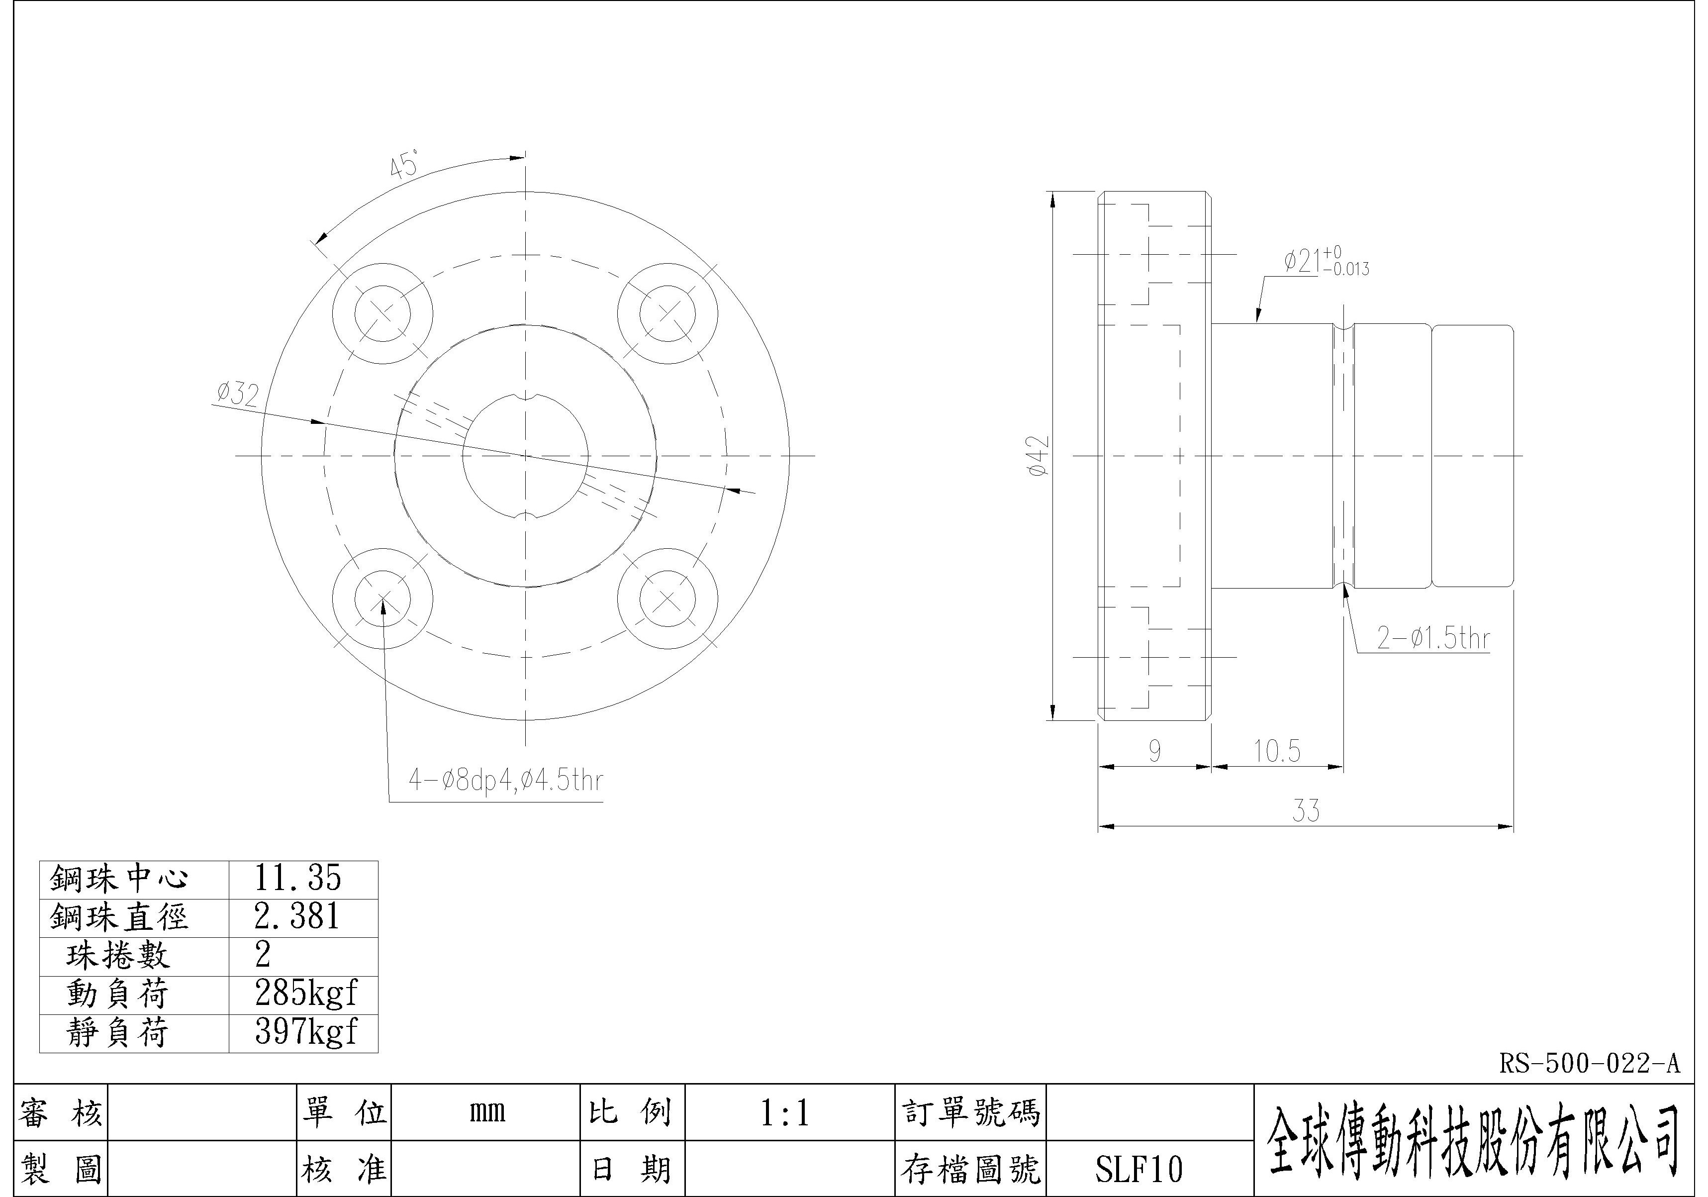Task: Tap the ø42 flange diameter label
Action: (x=1039, y=456)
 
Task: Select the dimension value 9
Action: (x=1154, y=751)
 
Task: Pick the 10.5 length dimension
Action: (x=1277, y=751)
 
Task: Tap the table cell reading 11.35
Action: (x=297, y=879)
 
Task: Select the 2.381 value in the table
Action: (x=297, y=916)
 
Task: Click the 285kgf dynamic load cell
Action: (x=305, y=993)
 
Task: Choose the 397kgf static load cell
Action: (x=305, y=1032)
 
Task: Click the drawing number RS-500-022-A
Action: (x=1588, y=1064)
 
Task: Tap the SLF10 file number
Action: (x=1138, y=1169)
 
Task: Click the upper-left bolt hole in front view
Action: (x=382, y=313)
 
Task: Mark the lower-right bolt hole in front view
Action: (x=667, y=599)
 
